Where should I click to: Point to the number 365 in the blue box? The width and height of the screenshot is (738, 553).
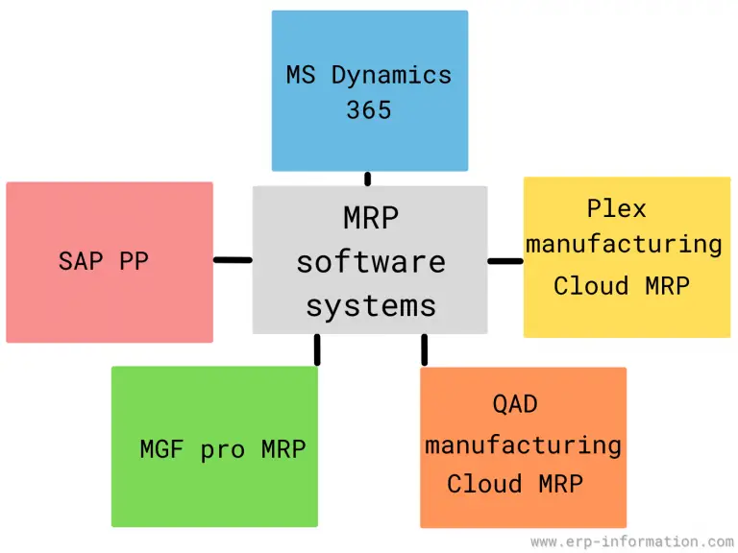[x=369, y=110]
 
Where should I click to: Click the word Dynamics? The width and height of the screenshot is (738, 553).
[x=392, y=75]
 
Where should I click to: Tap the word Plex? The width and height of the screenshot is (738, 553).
[x=616, y=208]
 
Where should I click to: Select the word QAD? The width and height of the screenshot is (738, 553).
[x=515, y=404]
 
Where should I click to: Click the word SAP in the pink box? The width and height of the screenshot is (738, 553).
[x=80, y=260]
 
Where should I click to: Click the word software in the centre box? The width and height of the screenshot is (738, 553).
[x=370, y=262]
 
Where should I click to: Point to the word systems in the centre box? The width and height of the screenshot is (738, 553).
[x=370, y=306]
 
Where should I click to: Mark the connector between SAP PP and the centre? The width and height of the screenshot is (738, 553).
[x=233, y=259]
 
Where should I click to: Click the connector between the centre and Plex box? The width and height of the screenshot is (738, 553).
[x=504, y=260]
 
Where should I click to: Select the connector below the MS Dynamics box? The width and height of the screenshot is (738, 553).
[x=367, y=179]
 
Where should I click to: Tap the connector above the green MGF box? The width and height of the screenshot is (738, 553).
[x=317, y=349]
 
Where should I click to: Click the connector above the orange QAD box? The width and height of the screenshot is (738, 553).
[x=424, y=350]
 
